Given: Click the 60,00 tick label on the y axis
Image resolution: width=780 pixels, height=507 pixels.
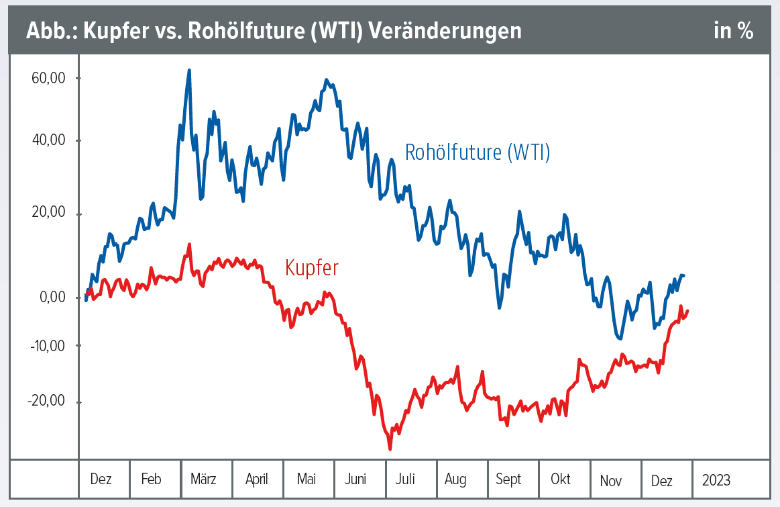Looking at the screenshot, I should point(48,78).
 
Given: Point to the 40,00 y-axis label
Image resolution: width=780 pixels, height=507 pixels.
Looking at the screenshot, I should point(48,140).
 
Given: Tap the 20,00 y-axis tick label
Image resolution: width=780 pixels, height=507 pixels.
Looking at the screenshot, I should point(48,213).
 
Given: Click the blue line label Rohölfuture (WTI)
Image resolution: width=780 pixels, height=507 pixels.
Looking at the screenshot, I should point(477,152).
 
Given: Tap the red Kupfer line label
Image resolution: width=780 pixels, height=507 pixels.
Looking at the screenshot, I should point(311,267).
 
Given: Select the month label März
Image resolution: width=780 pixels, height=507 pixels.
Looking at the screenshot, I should point(203,479).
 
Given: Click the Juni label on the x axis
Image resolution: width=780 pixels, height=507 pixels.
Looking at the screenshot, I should point(355,479).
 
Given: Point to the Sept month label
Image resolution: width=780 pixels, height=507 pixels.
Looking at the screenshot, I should point(508,479).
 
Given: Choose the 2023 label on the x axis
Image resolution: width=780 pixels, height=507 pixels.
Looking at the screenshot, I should point(716,479).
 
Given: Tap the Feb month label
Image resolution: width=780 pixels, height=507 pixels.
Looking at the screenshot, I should point(152,479).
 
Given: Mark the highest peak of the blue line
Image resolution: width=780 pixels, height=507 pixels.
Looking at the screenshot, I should point(189,71).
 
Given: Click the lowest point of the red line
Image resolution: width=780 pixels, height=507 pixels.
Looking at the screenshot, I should point(390,448).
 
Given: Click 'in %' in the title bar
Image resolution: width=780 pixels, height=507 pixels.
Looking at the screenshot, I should point(733,32).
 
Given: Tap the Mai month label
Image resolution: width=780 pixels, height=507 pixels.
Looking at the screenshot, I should point(307,479).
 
